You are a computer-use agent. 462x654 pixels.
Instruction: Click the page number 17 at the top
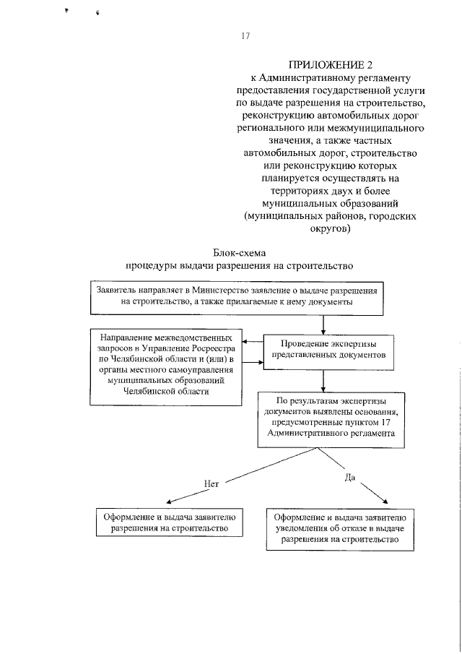(x=245, y=36)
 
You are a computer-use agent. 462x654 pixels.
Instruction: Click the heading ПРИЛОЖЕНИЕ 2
(x=323, y=66)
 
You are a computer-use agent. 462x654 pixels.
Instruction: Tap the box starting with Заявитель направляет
(x=235, y=297)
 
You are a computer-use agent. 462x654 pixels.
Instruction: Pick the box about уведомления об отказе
(x=339, y=528)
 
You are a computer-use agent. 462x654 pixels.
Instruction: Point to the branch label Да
(x=351, y=478)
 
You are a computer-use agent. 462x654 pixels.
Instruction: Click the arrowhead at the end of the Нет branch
(x=168, y=503)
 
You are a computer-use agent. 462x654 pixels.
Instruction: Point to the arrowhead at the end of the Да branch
(x=385, y=503)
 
